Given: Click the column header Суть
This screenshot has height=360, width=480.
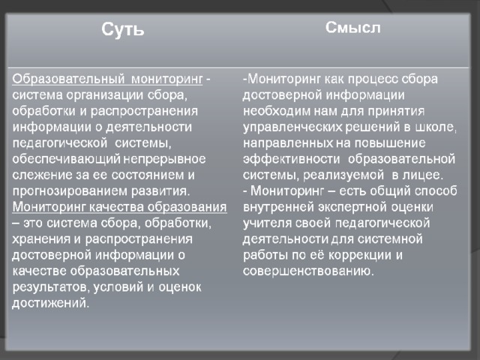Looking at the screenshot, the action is coord(123,30).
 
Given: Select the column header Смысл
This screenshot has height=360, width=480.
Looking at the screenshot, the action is coord(353,28).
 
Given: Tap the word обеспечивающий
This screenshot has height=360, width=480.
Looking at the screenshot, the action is coord(67,159).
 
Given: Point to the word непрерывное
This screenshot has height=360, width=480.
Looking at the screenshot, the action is coord(165,159).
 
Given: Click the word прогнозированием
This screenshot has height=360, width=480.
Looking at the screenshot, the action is coord(70,191).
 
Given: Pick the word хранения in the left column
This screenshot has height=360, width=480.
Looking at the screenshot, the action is coord(41,239).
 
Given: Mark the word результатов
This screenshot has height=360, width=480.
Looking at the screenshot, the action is coord(51,287).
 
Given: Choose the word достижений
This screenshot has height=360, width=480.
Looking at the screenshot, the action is coord(51,303).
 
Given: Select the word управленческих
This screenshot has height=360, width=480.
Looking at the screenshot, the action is coord(292,127).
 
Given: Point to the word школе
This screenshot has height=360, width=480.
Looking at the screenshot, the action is coord(436,127).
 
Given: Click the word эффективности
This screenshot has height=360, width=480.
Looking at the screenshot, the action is coord(292,159).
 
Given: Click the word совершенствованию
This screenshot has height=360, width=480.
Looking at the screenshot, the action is coord(308,271).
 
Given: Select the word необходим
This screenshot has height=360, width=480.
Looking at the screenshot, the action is coord(277,111).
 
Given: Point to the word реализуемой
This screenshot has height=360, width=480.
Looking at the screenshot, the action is coord(343,175).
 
